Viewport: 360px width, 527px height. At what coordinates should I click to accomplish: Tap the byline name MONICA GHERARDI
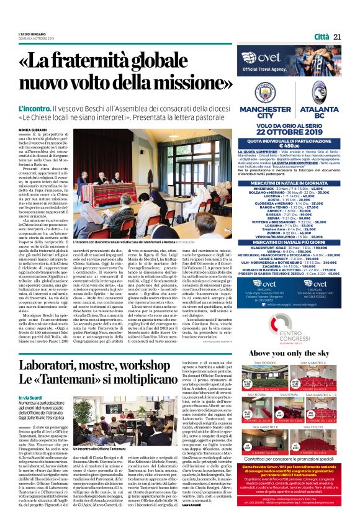coord(33,130)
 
